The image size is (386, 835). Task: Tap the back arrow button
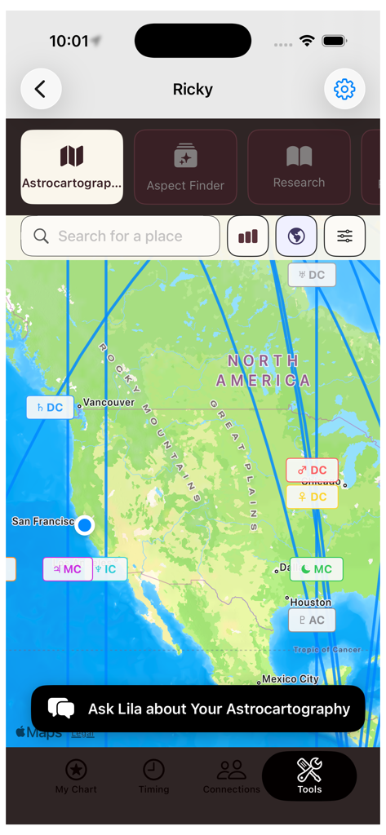(41, 89)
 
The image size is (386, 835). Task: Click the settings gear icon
(344, 89)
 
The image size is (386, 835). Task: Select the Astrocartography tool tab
(72, 166)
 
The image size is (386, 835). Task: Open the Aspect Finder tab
(185, 166)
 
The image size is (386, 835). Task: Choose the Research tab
(299, 166)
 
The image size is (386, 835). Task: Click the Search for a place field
(120, 236)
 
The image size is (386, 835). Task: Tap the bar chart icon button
(247, 236)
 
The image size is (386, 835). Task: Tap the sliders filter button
(344, 236)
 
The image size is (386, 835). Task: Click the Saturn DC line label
(50, 408)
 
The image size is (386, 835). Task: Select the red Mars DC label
(312, 471)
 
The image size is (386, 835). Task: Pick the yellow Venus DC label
(312, 497)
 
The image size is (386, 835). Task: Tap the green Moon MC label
(317, 569)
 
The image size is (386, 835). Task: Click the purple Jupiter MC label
(67, 569)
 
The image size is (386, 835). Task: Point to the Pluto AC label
(312, 620)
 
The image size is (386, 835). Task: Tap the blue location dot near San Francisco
(84, 525)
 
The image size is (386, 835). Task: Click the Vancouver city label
(109, 403)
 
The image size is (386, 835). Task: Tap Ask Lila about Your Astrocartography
(198, 709)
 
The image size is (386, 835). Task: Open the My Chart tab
(76, 775)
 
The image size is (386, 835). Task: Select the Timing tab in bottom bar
(153, 775)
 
